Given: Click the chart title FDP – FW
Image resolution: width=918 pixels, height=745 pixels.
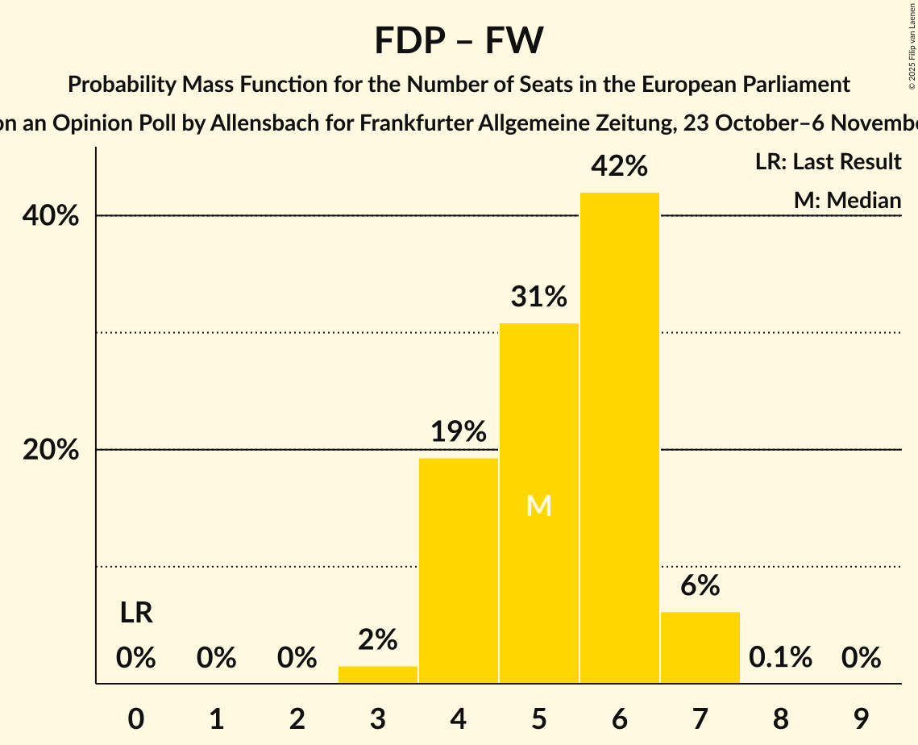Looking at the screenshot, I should [x=459, y=40].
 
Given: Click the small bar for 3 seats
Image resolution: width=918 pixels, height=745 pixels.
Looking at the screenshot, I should [x=378, y=675].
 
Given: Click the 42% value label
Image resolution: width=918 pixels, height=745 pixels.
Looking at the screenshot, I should [x=619, y=167].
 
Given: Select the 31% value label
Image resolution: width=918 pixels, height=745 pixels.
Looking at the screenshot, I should [x=538, y=298].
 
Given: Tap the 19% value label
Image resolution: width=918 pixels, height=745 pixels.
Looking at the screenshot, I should [x=458, y=432].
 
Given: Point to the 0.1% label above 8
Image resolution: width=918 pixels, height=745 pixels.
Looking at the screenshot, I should [x=780, y=658].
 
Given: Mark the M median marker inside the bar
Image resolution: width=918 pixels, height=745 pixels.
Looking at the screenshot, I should [x=538, y=506].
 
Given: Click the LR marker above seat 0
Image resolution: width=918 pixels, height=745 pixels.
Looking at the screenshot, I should [x=136, y=614].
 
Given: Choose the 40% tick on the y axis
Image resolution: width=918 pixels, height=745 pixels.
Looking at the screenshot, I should [x=51, y=216].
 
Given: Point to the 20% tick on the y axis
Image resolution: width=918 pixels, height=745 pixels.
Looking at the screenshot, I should [x=51, y=450].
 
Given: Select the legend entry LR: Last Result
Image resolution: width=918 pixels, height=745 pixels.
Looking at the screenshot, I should [x=828, y=162].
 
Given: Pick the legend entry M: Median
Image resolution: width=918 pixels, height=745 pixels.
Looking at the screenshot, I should [x=847, y=200].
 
